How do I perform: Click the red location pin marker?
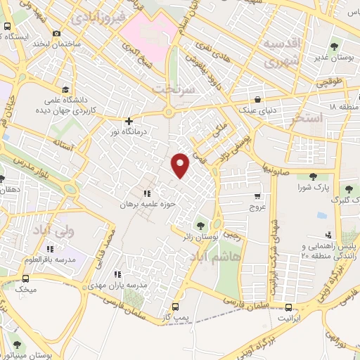[181, 165]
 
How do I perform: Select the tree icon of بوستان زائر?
[200, 226]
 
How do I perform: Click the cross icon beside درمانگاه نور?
[128, 120]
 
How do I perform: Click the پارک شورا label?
[314, 188]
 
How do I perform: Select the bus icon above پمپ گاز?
[175, 307]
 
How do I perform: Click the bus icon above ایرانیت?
[289, 307]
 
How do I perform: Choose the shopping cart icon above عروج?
[257, 196]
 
